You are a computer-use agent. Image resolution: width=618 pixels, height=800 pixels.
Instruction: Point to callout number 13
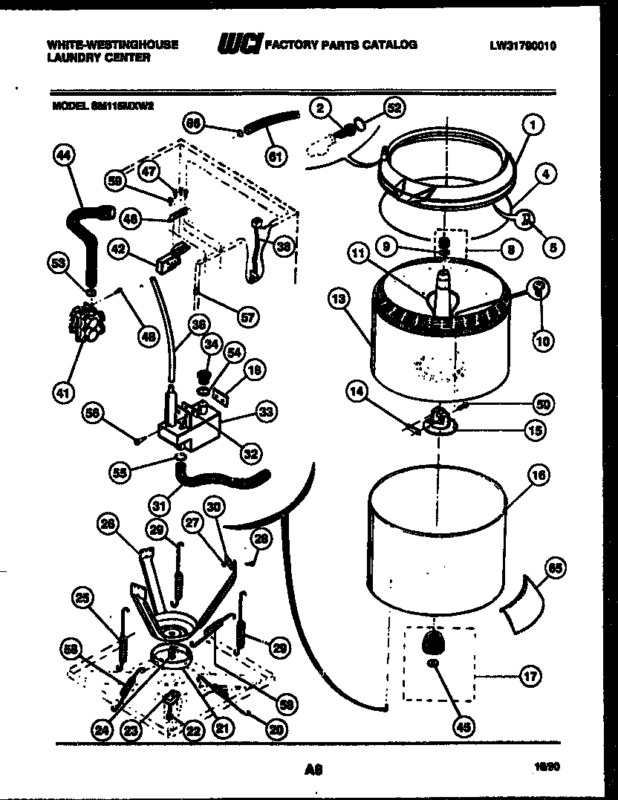(338, 299)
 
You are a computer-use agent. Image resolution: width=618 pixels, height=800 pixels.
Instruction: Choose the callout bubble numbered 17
(529, 676)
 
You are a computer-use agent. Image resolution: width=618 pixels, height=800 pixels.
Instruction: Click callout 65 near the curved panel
(554, 570)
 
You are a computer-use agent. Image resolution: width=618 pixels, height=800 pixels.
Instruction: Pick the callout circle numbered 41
(65, 391)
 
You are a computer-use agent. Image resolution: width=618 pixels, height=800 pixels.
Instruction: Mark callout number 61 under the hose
(276, 155)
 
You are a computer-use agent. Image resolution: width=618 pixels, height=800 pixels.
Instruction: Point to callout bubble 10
(542, 341)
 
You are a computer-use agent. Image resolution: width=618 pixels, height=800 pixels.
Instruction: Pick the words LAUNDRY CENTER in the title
(98, 57)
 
